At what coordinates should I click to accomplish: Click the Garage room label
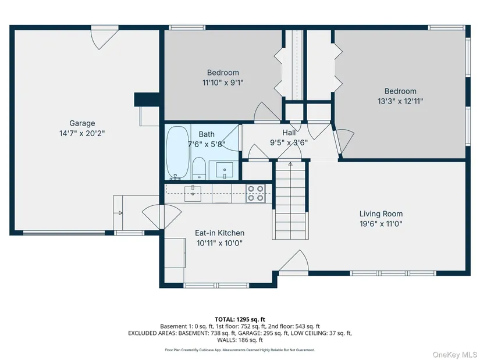click(x=82, y=123)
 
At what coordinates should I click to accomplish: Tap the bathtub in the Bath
click(x=177, y=152)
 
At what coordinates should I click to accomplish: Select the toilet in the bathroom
click(x=199, y=168)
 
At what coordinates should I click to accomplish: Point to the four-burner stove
click(x=255, y=194)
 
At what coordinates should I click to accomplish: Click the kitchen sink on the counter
click(x=193, y=194)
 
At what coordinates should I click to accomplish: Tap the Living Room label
click(x=381, y=213)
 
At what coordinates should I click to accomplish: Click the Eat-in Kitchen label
click(x=219, y=233)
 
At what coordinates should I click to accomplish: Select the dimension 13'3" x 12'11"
click(x=400, y=101)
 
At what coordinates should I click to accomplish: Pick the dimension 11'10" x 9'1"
click(x=223, y=83)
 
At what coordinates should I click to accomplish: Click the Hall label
click(x=289, y=133)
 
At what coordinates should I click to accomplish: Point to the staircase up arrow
click(x=290, y=164)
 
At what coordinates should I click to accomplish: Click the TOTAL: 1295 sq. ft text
click(x=240, y=320)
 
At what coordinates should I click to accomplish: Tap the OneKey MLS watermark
click(x=454, y=355)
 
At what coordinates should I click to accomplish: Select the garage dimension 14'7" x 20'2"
click(x=82, y=133)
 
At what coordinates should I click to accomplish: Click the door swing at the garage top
click(x=105, y=39)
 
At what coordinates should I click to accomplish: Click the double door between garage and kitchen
click(x=162, y=217)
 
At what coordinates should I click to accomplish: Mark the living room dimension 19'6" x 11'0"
click(x=381, y=224)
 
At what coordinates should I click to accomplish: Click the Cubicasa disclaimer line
click(x=240, y=350)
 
